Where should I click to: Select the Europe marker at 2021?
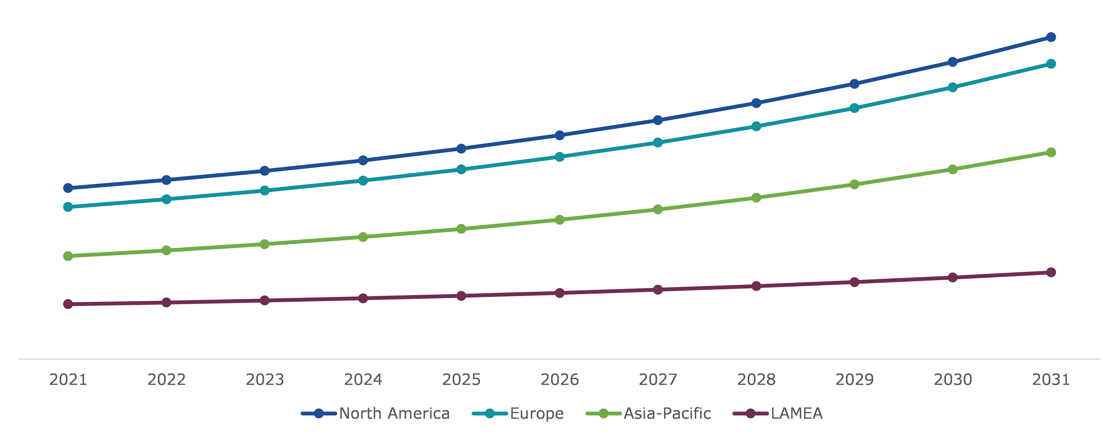tap(68, 207)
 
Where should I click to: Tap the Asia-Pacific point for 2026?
tap(559, 220)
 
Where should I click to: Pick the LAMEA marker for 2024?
tap(363, 298)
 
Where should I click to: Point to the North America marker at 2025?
tap(461, 149)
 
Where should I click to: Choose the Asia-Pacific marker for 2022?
tap(166, 250)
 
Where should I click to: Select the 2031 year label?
tap(1051, 380)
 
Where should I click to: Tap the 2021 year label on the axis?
tap(68, 380)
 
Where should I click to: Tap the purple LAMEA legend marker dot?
tap(750, 413)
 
